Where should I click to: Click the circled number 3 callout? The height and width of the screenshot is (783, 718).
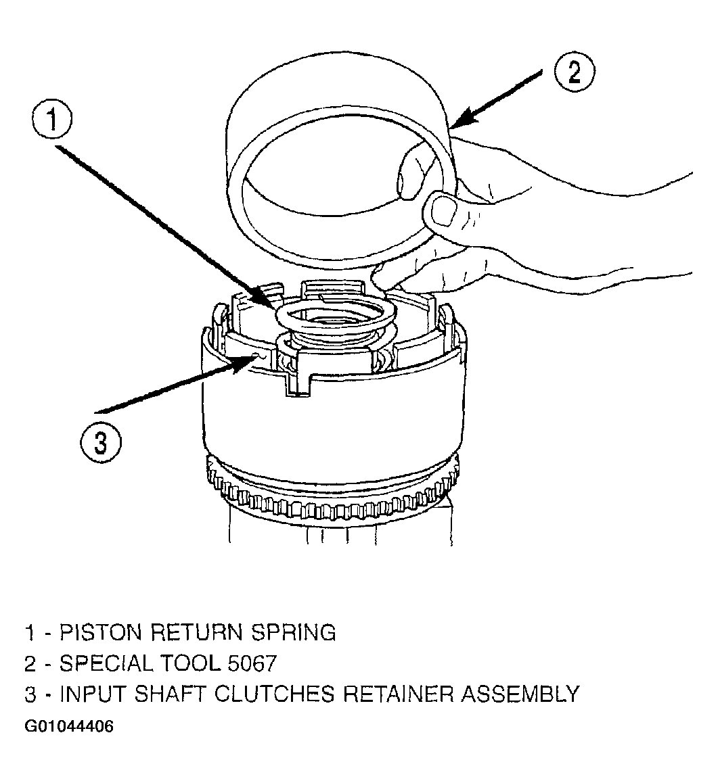(x=100, y=442)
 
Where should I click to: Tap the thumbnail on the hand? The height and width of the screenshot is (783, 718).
(x=444, y=210)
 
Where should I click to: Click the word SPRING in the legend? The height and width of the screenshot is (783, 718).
(x=293, y=632)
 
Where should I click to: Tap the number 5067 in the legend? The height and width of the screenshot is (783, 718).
(x=252, y=663)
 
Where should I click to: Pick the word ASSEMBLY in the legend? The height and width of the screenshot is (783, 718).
(x=520, y=694)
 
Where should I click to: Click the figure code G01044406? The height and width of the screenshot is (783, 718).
(x=69, y=726)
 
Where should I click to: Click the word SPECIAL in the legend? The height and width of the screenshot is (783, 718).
(x=106, y=663)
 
